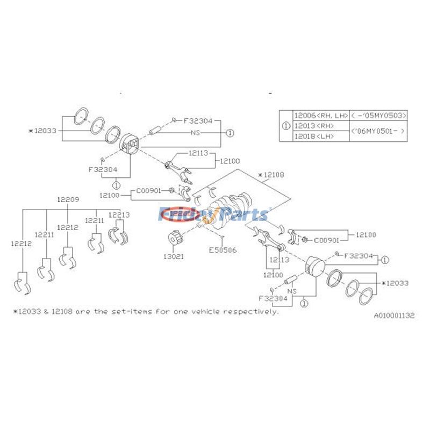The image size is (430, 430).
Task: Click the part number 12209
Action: coord(68,199)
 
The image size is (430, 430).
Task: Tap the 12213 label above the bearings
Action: coord(119,215)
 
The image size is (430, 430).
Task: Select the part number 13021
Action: coord(174,256)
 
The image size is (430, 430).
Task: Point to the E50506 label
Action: coord(222,250)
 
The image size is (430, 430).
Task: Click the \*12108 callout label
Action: coord(271,175)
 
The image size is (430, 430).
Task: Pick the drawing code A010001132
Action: coord(395,316)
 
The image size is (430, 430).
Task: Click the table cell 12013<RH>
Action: coord(313,126)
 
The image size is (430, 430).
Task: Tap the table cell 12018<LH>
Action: coord(313,137)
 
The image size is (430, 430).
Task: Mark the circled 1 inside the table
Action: coord(286,126)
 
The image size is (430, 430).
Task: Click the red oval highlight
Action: coord(181,214)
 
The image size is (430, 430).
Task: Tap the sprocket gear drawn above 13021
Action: coord(174,238)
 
